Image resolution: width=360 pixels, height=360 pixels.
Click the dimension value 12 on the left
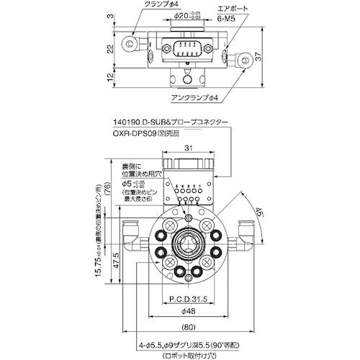110,77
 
